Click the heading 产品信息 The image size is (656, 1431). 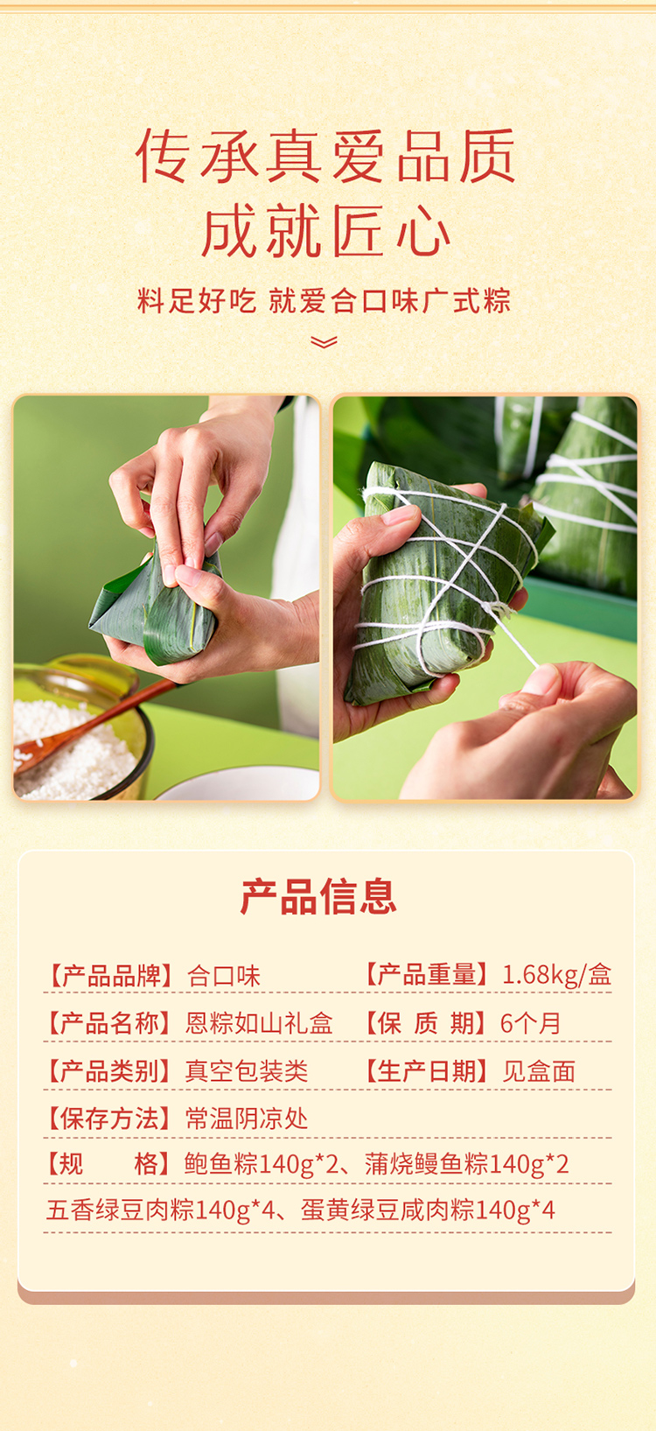[318, 896]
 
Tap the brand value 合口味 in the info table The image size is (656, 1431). [223, 976]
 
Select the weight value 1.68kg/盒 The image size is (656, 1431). [557, 975]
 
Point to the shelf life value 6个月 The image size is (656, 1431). [530, 1023]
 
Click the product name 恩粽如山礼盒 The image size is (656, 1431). [259, 1023]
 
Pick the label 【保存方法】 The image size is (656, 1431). [109, 1119]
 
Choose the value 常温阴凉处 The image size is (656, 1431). [247, 1119]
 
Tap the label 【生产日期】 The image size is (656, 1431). [427, 1071]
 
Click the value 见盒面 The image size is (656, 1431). [539, 1071]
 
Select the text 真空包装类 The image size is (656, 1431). [247, 1071]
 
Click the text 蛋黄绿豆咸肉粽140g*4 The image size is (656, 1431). [428, 1210]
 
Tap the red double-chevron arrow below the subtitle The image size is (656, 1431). [324, 342]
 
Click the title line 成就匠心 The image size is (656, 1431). [326, 231]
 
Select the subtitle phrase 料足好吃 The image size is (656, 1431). [197, 301]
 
